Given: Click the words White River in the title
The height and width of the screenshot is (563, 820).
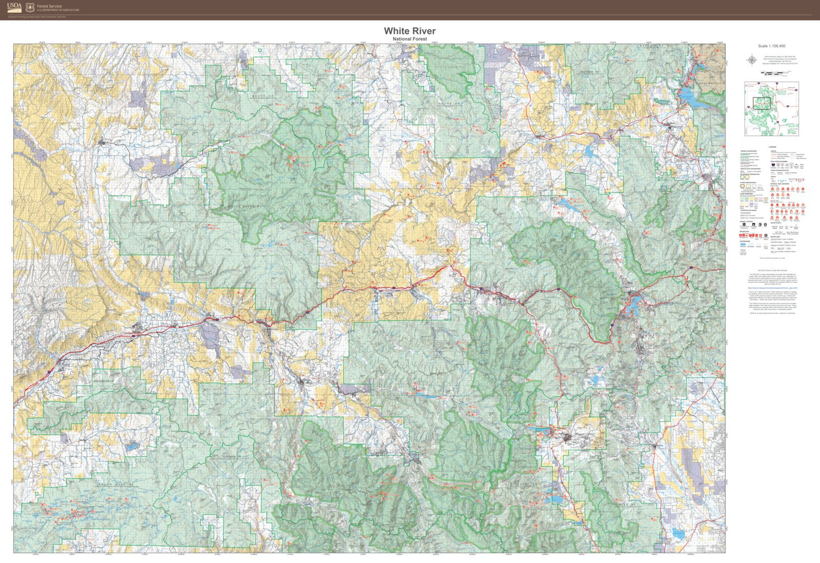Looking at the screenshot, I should [409, 31].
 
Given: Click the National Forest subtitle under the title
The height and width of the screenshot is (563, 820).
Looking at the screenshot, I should [409, 39].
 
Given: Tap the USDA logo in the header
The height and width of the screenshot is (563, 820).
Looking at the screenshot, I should [15, 7].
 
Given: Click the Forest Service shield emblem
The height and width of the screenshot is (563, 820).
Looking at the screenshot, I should [30, 7].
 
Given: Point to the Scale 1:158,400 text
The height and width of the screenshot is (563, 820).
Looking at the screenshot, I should [771, 46].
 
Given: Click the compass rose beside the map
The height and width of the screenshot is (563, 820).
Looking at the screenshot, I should [752, 60].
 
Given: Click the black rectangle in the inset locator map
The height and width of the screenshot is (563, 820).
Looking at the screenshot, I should [761, 102].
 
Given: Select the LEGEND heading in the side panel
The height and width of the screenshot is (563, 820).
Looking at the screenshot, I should [772, 147].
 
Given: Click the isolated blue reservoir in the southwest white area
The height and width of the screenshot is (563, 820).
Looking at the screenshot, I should [131, 447].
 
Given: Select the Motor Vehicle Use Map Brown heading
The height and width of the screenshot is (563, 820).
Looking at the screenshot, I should [772, 270].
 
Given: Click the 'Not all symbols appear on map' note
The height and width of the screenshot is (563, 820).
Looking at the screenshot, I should [772, 258].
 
